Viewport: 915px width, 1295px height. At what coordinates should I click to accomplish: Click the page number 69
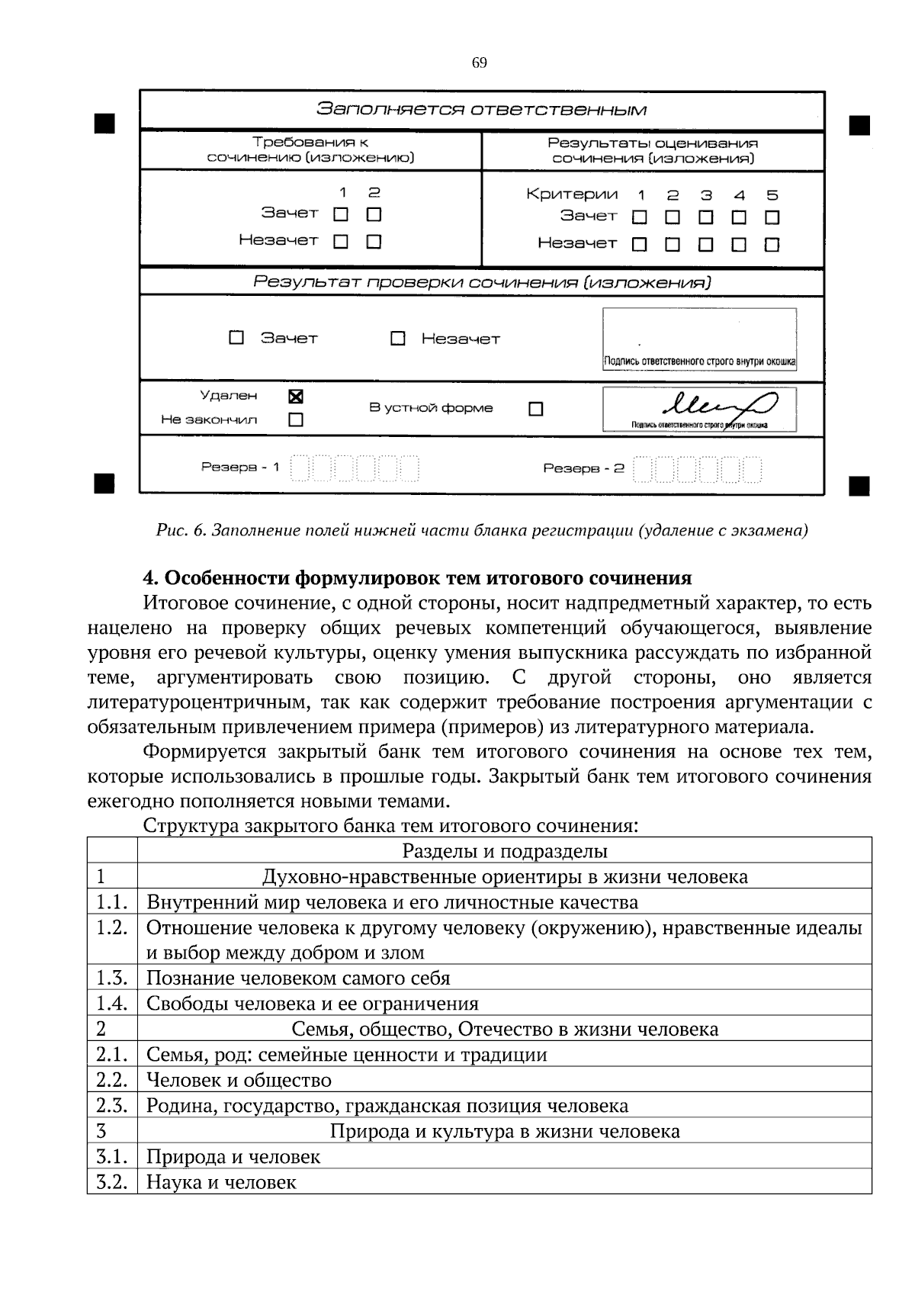480,63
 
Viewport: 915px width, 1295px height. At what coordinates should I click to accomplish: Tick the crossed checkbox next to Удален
296,397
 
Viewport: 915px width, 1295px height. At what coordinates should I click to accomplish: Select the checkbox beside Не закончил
296,419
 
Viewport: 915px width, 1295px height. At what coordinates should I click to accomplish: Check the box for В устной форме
536,410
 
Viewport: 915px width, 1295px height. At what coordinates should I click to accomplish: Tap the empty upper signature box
699,332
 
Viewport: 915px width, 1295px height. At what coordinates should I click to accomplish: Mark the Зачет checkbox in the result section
237,337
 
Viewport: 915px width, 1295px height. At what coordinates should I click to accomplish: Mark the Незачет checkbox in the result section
397,338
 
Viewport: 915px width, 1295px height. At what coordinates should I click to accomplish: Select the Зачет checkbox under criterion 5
772,217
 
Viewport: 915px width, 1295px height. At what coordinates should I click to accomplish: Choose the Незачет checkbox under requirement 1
341,242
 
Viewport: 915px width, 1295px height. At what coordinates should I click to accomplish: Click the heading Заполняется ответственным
482,109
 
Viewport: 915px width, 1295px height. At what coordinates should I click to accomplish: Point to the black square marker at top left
104,124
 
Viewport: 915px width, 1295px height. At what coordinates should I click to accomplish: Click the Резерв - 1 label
240,467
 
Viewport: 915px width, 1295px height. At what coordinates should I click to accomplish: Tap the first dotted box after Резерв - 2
643,469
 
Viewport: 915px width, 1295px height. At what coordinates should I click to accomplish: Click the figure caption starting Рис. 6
482,530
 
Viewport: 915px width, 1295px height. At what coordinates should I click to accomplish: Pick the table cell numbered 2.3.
111,1105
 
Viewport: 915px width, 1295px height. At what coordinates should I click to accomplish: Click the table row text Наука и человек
221,1182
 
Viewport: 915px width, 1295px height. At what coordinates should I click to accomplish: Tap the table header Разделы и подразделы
505,850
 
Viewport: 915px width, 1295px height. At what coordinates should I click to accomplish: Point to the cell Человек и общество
239,1080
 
